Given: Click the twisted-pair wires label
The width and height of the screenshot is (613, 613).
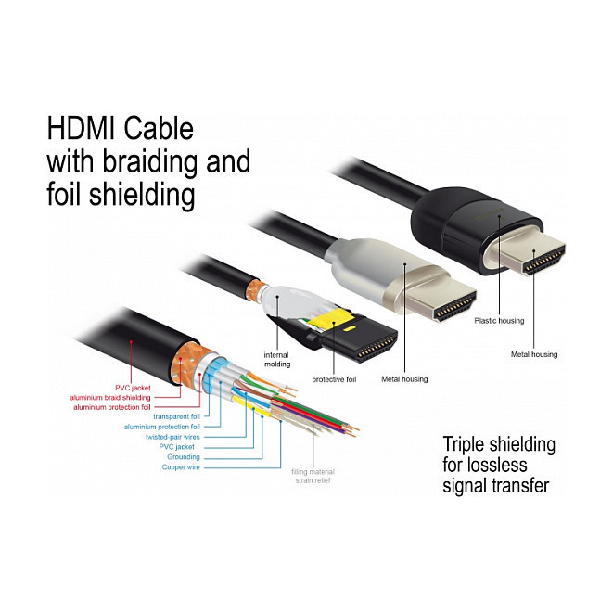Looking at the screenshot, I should [x=172, y=436].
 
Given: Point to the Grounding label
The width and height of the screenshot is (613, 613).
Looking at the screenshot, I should [x=184, y=456].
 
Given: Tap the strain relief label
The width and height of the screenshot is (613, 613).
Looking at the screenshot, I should [x=313, y=481].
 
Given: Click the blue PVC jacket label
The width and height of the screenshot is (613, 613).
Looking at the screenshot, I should [x=180, y=446].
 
